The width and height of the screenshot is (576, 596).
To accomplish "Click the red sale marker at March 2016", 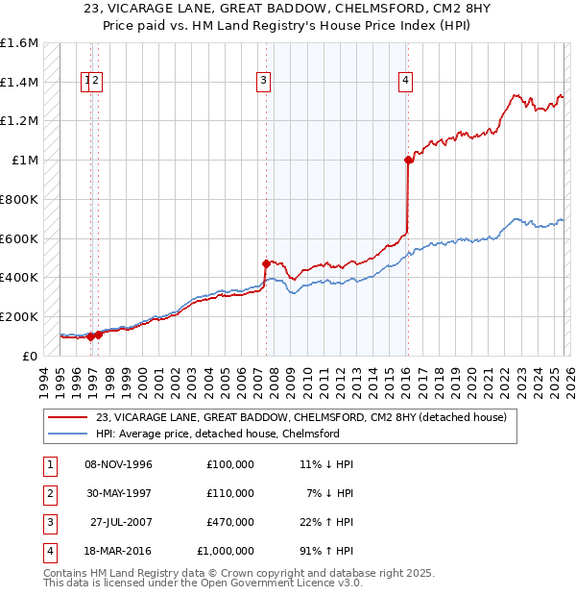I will click(x=408, y=161).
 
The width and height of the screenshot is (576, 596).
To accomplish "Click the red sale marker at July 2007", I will click(x=266, y=262).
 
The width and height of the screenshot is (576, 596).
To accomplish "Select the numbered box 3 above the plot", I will click(x=263, y=82).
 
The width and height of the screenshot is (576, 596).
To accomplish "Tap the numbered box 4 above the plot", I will click(x=406, y=82).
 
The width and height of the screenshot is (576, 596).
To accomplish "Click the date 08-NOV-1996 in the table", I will click(x=119, y=464).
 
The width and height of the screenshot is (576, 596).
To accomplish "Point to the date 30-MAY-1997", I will click(x=119, y=493).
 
